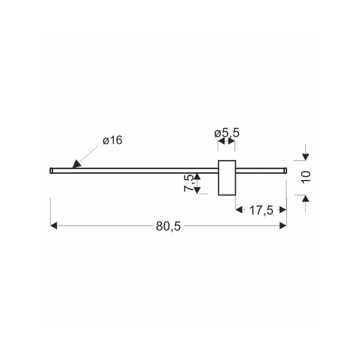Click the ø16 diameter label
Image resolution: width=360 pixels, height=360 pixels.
112,140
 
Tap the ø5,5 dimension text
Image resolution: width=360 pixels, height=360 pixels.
227,133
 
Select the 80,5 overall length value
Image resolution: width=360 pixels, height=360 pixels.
168,226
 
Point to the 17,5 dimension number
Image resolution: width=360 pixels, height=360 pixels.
261,210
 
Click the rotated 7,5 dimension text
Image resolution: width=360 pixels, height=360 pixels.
189,183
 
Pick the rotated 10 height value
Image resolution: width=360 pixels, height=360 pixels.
306,177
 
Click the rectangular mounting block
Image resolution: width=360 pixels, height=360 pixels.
227,177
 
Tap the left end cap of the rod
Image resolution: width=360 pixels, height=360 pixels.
51,170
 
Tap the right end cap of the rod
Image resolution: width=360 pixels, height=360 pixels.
285,170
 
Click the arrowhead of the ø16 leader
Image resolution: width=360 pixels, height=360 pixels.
76,164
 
